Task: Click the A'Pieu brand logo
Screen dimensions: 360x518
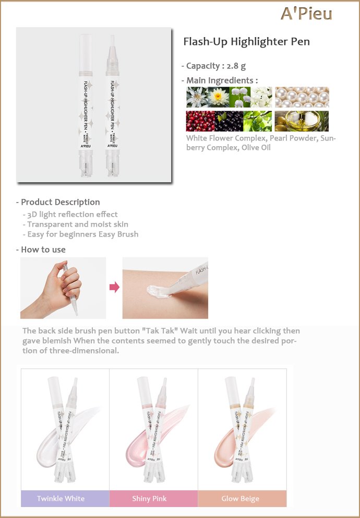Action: click(x=306, y=14)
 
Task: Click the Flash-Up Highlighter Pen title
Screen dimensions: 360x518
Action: click(x=246, y=42)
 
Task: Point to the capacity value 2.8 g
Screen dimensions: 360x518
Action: click(x=236, y=66)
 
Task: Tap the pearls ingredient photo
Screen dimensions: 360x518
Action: click(x=302, y=97)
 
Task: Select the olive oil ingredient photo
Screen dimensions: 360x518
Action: click(x=302, y=121)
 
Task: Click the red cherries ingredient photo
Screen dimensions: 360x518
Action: click(x=201, y=121)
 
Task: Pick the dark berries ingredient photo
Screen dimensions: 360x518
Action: click(x=230, y=121)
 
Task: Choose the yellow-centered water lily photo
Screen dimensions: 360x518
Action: click(x=219, y=97)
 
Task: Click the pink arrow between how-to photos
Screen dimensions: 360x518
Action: click(x=114, y=287)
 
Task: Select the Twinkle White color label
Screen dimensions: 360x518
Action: click(x=61, y=499)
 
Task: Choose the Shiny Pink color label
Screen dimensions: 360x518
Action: click(x=149, y=499)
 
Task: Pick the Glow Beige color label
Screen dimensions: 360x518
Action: click(x=240, y=499)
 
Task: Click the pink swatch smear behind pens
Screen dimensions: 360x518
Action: click(x=155, y=435)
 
